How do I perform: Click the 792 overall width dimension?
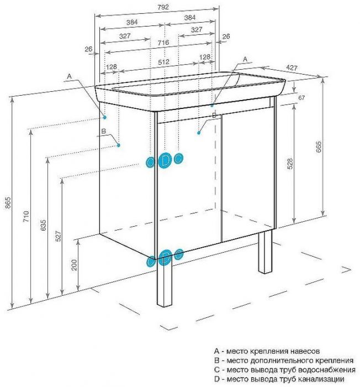coord(163,7)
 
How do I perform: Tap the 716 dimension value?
coord(163,43)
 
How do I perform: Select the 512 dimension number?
coord(164,62)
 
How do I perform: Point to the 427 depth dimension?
coord(292,67)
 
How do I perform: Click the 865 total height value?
coord(8,202)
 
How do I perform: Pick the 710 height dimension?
coord(26,216)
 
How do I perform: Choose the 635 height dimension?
coord(43,225)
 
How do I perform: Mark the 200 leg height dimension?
coord(74,265)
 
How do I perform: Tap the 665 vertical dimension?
coord(319,147)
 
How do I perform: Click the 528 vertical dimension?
coord(290,164)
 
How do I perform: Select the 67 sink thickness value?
coord(301,98)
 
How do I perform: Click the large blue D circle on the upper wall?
coord(164,161)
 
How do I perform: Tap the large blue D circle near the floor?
coord(165,258)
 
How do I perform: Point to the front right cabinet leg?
coord(265,252)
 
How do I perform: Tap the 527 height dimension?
coord(58,236)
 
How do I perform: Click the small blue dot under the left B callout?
coord(119,145)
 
